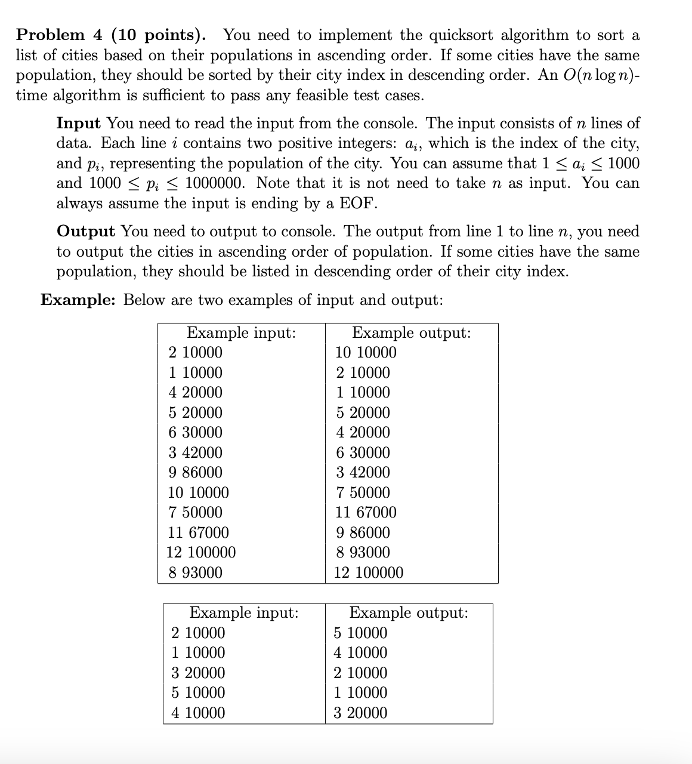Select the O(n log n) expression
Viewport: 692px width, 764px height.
pyautogui.click(x=594, y=75)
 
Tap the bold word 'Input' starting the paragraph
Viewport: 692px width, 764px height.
pyautogui.click(x=78, y=124)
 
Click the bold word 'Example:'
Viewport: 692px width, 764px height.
pyautogui.click(x=78, y=300)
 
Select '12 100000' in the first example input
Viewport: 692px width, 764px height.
pyautogui.click(x=201, y=553)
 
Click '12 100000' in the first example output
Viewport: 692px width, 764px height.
pyautogui.click(x=369, y=573)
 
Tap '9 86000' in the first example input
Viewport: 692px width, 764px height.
pyautogui.click(x=195, y=473)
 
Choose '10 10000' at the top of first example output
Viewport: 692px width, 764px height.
pyautogui.click(x=365, y=353)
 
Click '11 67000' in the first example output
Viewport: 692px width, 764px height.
pyautogui.click(x=365, y=513)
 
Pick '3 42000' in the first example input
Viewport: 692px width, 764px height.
pyautogui.click(x=195, y=453)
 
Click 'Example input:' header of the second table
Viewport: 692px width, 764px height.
pyautogui.click(x=244, y=613)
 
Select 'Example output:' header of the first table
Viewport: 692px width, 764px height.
pyautogui.click(x=411, y=333)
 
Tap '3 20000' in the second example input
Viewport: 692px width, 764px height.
pyautogui.click(x=198, y=673)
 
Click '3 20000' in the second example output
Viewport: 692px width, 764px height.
pyautogui.click(x=360, y=713)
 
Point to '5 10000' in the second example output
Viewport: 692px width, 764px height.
pyautogui.click(x=360, y=633)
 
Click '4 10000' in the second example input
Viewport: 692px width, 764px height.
pyautogui.click(x=198, y=713)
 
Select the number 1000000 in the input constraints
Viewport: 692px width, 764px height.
pyautogui.click(x=214, y=183)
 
